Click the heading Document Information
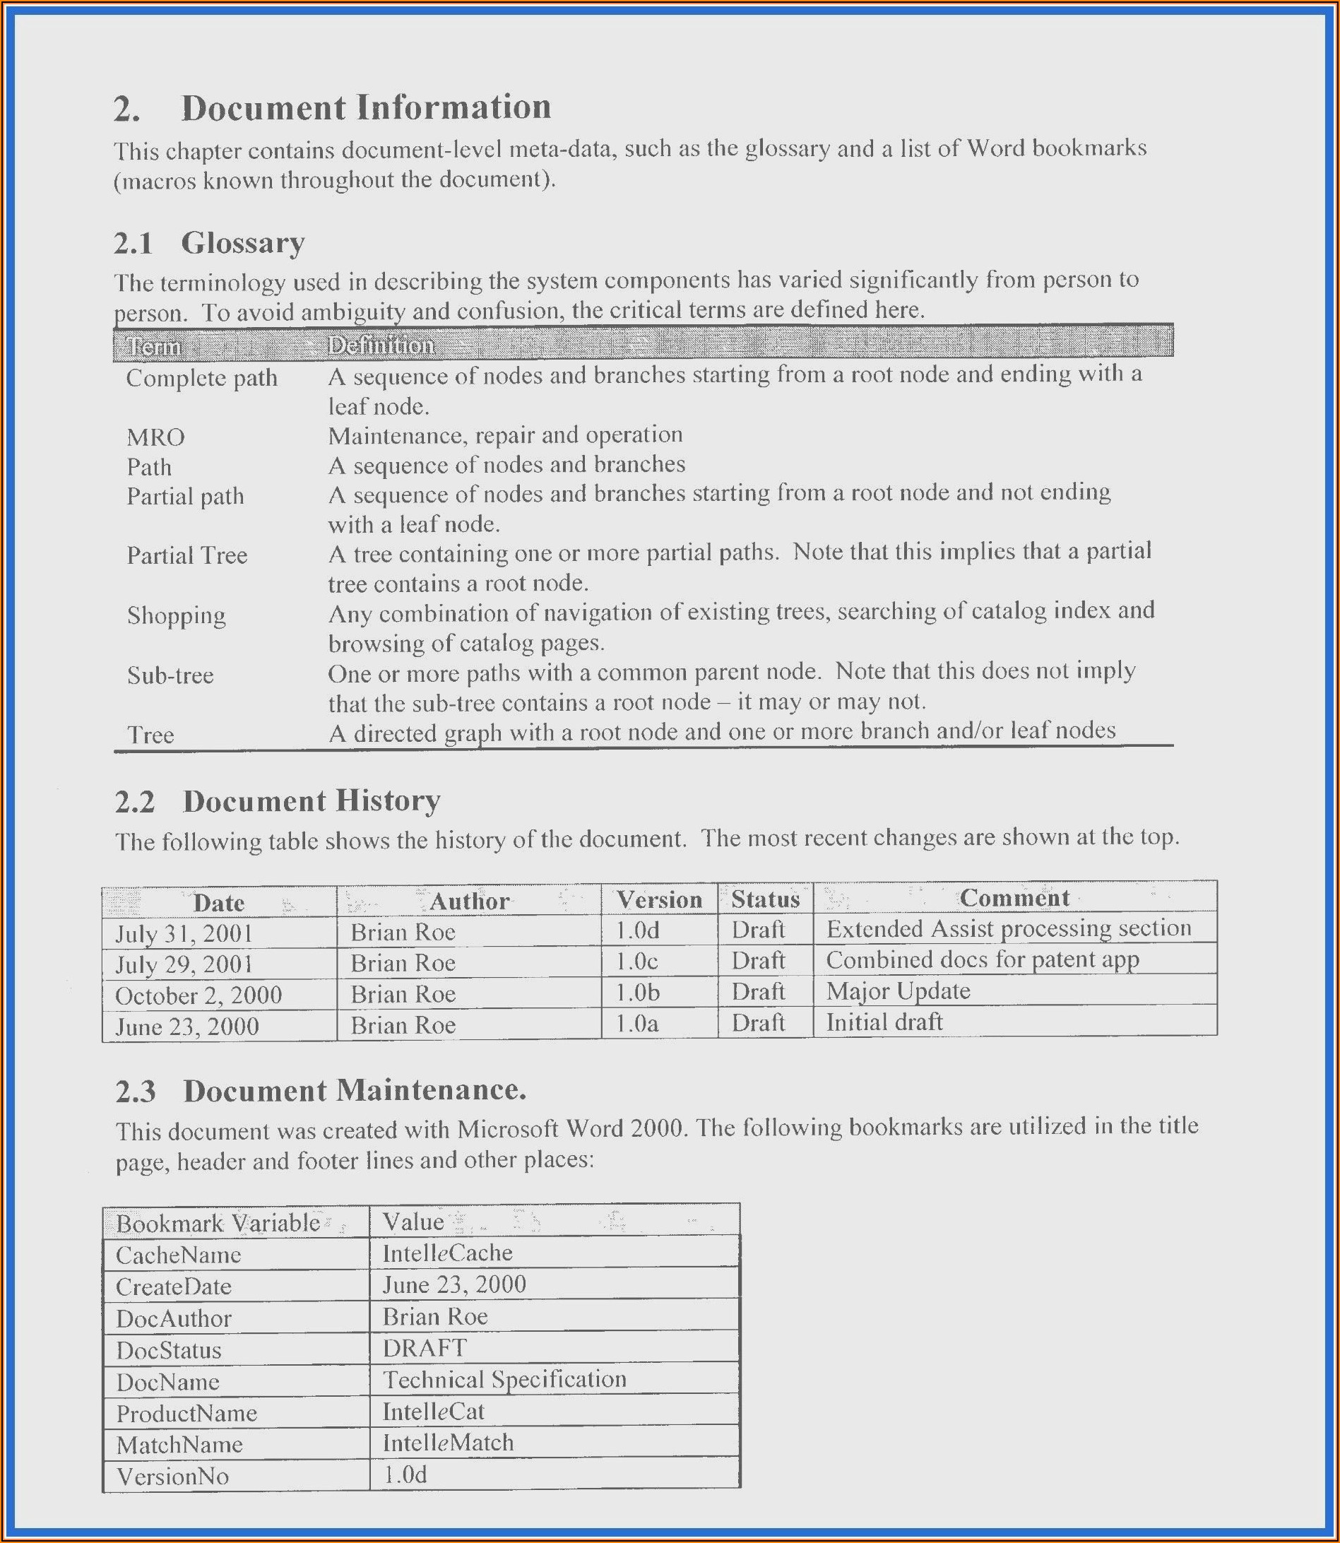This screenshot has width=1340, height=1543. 366,107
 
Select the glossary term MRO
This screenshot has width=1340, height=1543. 155,437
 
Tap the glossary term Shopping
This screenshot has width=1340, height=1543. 176,615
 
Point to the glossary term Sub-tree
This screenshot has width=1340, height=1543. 170,675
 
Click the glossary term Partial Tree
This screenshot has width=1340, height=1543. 186,556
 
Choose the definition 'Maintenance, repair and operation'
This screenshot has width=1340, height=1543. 505,435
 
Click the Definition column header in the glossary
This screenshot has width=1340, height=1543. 381,345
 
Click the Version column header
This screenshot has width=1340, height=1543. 659,899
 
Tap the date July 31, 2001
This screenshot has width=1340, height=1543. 184,933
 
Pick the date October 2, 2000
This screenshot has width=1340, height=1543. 198,995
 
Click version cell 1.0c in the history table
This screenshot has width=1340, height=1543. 637,961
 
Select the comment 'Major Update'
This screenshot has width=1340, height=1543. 898,992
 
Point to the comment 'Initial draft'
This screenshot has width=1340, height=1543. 884,1022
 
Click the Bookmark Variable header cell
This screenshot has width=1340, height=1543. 218,1223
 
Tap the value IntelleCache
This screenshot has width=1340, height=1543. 447,1253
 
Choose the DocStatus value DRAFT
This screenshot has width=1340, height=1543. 425,1348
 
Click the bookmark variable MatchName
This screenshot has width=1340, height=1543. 179,1444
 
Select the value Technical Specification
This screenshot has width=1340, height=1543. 504,1379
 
